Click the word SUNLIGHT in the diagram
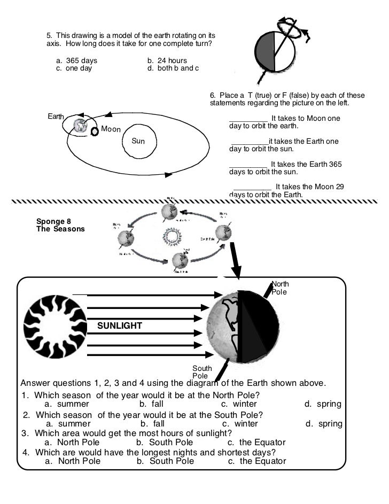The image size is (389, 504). coord(119,325)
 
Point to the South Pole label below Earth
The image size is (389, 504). coord(203,373)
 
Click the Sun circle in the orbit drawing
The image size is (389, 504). coord(138,141)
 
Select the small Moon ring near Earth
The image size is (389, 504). coord(95,131)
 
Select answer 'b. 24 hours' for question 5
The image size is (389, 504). coord(167,61)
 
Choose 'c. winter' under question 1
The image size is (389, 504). coord(239,404)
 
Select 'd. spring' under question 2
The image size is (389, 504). coord(324,424)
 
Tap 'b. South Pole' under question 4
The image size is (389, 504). coord(165,461)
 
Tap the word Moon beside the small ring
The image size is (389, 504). coord(111,129)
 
